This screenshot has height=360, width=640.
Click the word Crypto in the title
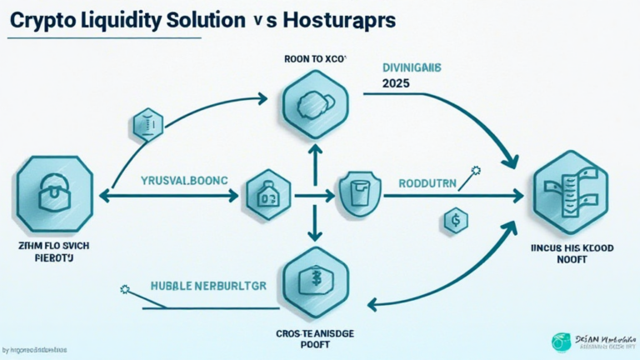coord(36,22)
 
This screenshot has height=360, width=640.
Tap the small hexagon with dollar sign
coord(456,220)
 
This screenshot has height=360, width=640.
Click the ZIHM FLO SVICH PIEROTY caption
coord(53,252)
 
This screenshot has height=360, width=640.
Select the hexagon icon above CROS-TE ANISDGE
coord(315,278)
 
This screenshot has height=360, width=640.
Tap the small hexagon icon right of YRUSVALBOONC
coord(267,197)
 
